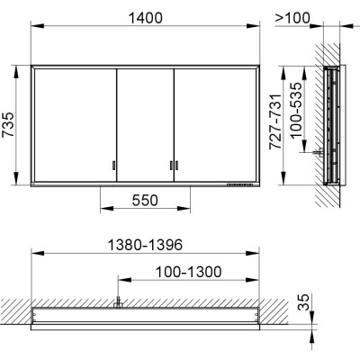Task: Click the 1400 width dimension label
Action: [x=146, y=18]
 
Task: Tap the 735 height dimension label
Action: [x=8, y=124]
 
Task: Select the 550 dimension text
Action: [x=145, y=201]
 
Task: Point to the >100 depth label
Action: [x=292, y=18]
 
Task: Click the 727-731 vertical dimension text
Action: [x=275, y=121]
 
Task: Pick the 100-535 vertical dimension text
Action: [x=296, y=110]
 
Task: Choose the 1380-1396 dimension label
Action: [x=145, y=245]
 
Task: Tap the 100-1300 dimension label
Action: [x=189, y=272]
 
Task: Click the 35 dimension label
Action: [x=303, y=301]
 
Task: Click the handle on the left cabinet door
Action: [x=114, y=166]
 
